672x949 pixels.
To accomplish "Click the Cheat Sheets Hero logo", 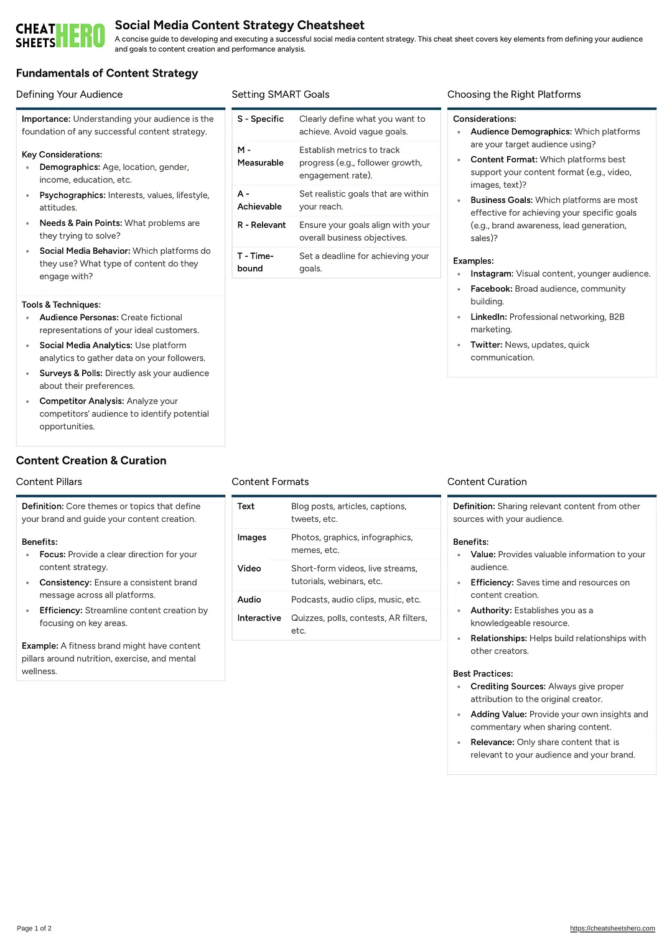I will [60, 35].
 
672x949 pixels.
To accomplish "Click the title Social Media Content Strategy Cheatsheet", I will [240, 25].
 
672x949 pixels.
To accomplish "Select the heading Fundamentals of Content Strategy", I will [107, 73].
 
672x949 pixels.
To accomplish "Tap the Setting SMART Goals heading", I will [281, 95].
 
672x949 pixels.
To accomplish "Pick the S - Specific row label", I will [260, 119].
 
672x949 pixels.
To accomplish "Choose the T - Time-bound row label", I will [255, 262].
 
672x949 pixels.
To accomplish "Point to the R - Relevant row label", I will [261, 225].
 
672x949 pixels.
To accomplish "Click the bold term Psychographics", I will [72, 195].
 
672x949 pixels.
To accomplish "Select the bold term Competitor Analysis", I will [82, 401].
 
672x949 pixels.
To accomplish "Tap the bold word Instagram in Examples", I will [492, 274].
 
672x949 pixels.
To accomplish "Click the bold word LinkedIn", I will [488, 317].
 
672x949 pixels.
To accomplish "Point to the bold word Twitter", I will [486, 345].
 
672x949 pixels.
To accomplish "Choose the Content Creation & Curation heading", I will [91, 461].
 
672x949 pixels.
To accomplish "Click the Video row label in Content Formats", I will [249, 568].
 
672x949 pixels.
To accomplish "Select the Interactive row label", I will [259, 618].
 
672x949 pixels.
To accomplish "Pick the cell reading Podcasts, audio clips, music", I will [356, 599].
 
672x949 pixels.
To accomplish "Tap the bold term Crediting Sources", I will [508, 687].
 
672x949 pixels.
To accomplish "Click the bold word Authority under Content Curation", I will [491, 611].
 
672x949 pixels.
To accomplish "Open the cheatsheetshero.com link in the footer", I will [612, 928].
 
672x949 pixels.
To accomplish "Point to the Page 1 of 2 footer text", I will [34, 928].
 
